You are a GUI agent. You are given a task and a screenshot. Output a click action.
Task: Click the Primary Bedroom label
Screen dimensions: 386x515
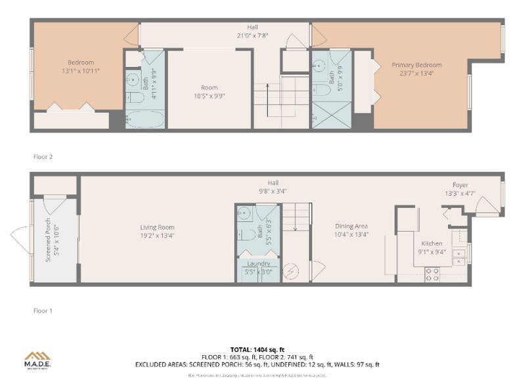[x=416, y=65]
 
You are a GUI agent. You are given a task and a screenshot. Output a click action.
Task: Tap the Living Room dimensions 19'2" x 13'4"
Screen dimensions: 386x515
[x=156, y=235]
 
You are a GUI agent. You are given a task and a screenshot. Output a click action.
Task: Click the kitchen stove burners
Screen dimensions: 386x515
[x=432, y=274]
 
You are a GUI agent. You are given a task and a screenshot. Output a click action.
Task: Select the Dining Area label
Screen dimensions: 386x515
[x=351, y=226]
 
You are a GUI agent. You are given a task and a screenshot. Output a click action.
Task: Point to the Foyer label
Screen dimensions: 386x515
[x=460, y=185]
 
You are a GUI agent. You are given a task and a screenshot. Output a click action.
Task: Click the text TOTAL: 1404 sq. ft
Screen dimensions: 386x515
[x=257, y=349]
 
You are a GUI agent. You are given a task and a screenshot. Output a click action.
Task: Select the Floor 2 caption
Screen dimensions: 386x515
[x=43, y=157]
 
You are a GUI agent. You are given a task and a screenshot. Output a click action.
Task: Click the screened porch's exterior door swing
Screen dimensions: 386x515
[x=20, y=234]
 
